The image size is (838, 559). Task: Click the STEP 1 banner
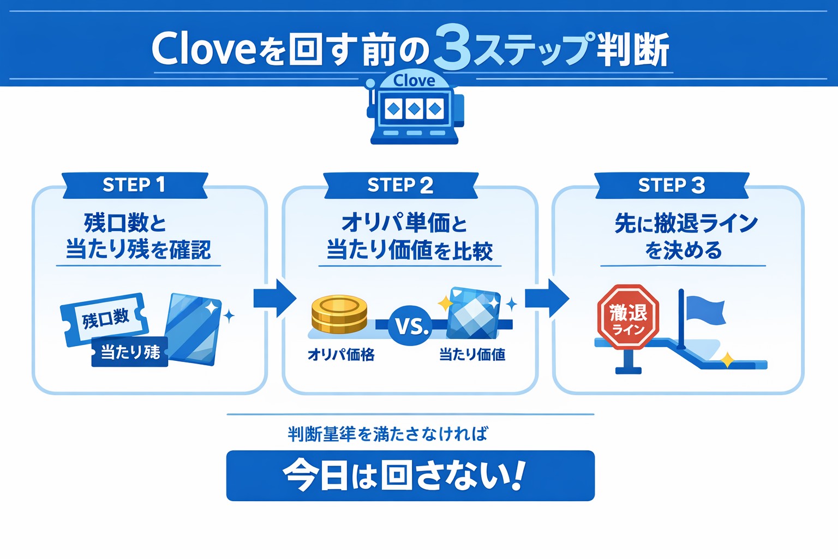[x=134, y=185]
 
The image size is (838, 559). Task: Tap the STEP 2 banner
[x=400, y=185]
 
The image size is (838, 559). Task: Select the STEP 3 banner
[x=671, y=185]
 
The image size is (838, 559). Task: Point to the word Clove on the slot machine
[x=414, y=81]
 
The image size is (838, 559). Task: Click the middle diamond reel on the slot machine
[x=414, y=109]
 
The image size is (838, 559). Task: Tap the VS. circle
[x=411, y=326]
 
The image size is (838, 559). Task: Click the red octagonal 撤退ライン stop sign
[x=628, y=317]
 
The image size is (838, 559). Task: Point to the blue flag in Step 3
[x=705, y=310]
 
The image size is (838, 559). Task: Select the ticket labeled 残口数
[x=104, y=319]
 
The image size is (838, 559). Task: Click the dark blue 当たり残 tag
[x=130, y=352]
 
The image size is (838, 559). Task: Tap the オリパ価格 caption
[x=341, y=355]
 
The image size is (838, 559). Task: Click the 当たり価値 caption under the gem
[x=472, y=355]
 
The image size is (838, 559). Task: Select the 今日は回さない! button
[x=410, y=475]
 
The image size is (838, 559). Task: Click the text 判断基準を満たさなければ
[x=388, y=434]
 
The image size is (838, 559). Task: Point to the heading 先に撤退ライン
[x=686, y=223]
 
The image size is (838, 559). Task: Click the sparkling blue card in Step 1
[x=194, y=329]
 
